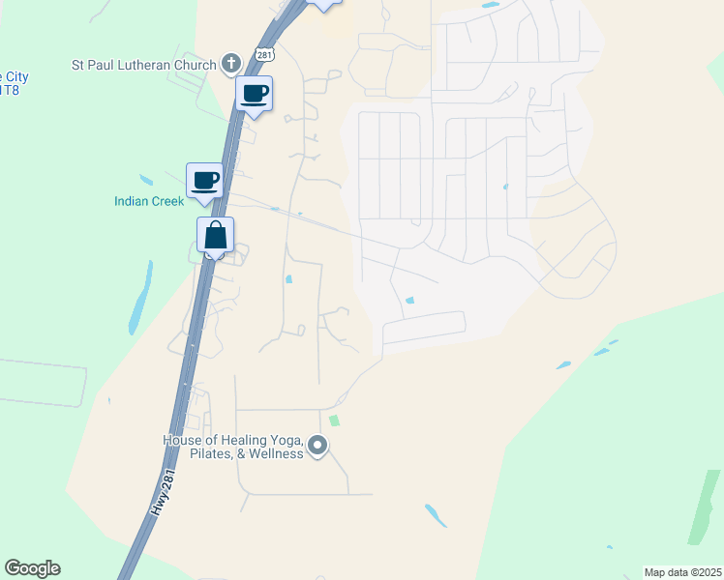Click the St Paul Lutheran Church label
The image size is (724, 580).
pyautogui.click(x=143, y=65)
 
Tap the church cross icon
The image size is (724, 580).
pyautogui.click(x=230, y=64)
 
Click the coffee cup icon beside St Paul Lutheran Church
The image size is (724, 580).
pyautogui.click(x=255, y=94)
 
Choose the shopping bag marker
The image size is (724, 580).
pyautogui.click(x=215, y=235)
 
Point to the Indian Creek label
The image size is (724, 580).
pyautogui.click(x=148, y=201)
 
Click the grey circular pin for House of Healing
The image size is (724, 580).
pyautogui.click(x=317, y=446)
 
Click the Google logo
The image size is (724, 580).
pyautogui.click(x=32, y=568)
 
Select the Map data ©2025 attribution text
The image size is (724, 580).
pyautogui.click(x=682, y=572)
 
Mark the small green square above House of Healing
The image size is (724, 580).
pyautogui.click(x=335, y=420)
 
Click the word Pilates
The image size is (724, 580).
pyautogui.click(x=199, y=453)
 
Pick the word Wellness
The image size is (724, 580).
pyautogui.click(x=272, y=453)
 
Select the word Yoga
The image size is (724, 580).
pyautogui.click(x=287, y=441)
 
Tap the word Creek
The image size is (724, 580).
pyautogui.click(x=166, y=201)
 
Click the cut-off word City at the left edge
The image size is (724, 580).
pyautogui.click(x=14, y=76)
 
